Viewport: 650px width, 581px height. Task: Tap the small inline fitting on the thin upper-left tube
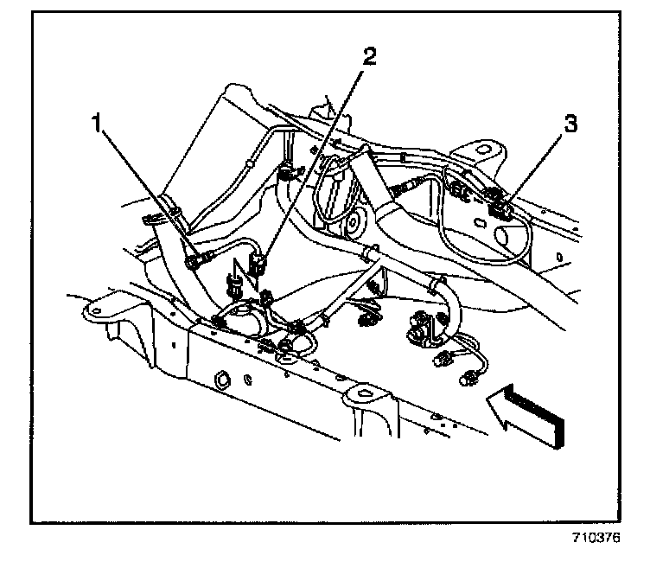point(248,161)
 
